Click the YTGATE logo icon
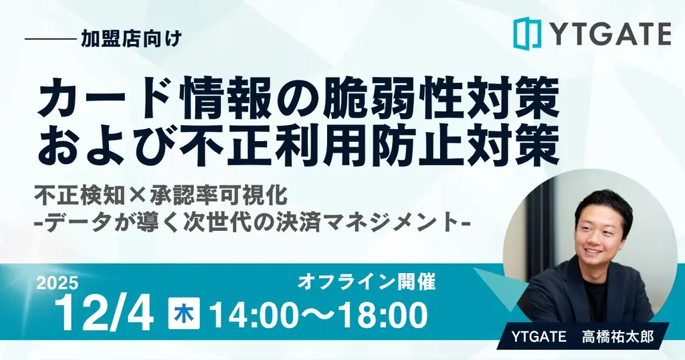click(526, 33)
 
